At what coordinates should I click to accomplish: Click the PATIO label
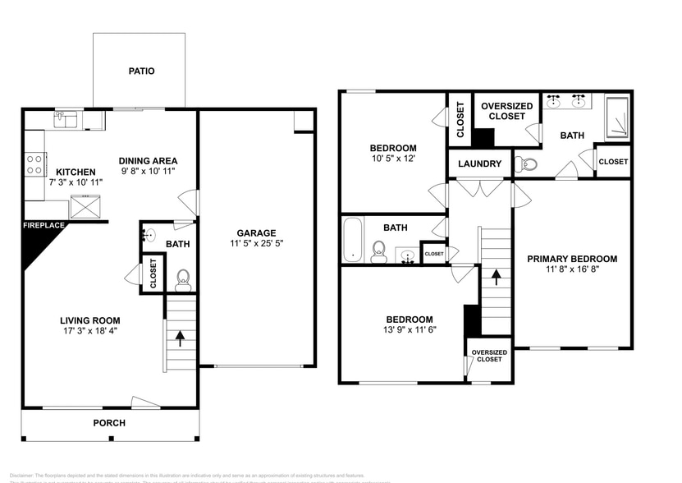coord(141,71)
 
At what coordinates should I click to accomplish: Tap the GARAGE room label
coord(256,232)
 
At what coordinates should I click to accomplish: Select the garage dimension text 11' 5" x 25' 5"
coord(256,244)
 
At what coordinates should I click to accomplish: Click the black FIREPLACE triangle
coord(37,243)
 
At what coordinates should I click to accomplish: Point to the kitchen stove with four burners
coord(34,164)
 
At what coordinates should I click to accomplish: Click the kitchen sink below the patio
coord(66,121)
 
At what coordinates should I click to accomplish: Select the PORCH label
coord(109,423)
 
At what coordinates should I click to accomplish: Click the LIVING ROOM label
coord(89,321)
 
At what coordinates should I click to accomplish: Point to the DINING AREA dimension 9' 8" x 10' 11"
coord(148,172)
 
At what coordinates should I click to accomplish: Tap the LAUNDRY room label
coord(479,164)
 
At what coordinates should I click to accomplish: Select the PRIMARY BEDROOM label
coord(572,259)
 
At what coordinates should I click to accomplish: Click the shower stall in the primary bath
coord(617,117)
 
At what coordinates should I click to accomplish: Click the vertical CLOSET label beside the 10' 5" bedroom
coord(460,120)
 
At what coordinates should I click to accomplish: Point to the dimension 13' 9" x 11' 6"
coord(410,330)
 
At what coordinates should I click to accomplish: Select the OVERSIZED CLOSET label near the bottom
coord(489,356)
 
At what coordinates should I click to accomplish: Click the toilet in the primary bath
coord(526,164)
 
